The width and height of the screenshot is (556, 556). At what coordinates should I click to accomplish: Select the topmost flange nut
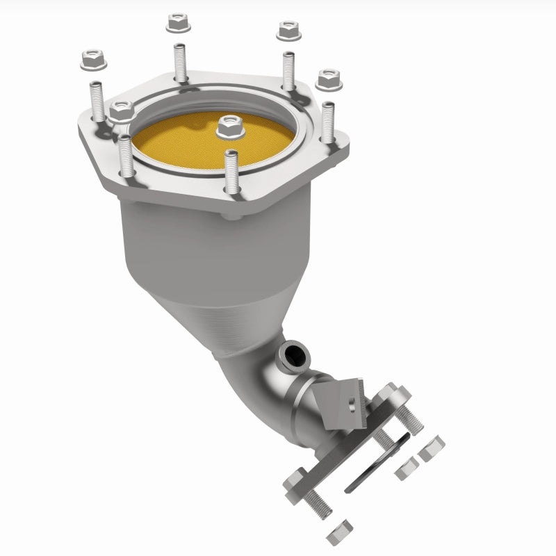click(179, 23)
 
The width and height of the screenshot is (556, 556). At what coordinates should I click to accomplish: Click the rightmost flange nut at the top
click(329, 80)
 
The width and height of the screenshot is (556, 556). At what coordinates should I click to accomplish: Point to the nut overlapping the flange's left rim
click(122, 111)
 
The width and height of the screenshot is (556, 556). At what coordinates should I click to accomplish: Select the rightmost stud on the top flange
click(327, 122)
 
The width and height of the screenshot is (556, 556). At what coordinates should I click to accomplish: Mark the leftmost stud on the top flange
click(97, 101)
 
